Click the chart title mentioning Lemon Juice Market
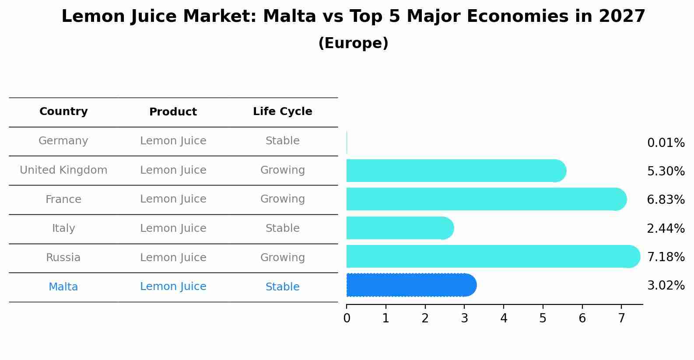[353, 17]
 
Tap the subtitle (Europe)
[353, 43]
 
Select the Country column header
[63, 112]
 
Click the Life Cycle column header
[282, 112]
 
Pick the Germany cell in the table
[63, 141]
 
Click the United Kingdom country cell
[63, 170]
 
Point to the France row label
[63, 199]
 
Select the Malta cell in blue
[63, 287]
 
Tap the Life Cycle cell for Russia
[282, 258]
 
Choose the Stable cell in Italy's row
[282, 228]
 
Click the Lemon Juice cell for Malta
[173, 287]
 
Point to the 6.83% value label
[666, 200]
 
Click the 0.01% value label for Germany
[666, 143]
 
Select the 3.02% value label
[666, 286]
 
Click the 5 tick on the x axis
[543, 318]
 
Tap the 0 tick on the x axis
[347, 318]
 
